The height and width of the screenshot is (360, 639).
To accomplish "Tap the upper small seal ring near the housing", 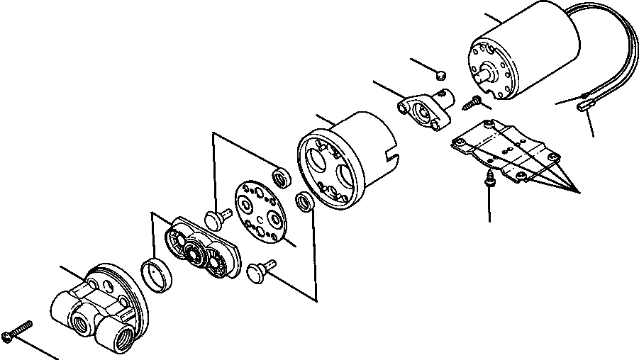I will [282, 177].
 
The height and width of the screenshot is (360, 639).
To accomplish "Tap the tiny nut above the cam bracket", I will [440, 72].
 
